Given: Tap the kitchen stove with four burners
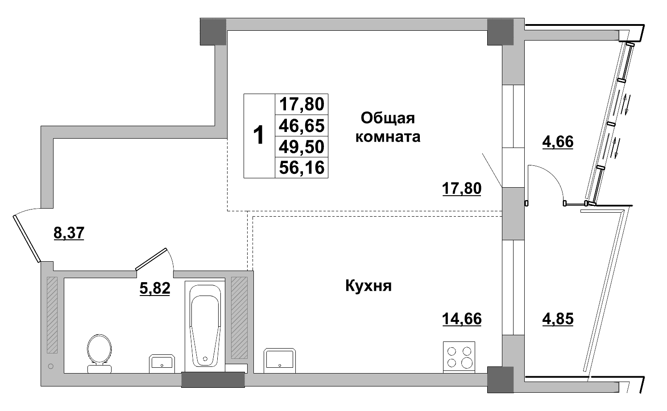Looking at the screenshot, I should (459, 357).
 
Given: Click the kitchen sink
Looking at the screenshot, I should (279, 359).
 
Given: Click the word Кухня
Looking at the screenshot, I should (368, 286).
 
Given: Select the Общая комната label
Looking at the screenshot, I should (387, 127).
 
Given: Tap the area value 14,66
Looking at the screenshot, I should (462, 319).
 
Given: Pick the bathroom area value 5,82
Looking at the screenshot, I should (155, 289).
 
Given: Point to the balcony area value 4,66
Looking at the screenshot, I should (558, 142).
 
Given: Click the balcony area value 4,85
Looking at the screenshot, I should (558, 319).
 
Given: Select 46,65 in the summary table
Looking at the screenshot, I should (301, 126).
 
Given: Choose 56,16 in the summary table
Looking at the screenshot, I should (301, 168).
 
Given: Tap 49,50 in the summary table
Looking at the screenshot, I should (301, 147).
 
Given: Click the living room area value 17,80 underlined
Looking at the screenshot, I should (462, 189).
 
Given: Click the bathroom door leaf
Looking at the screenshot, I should (152, 259).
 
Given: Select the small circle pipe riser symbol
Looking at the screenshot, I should (50, 366).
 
